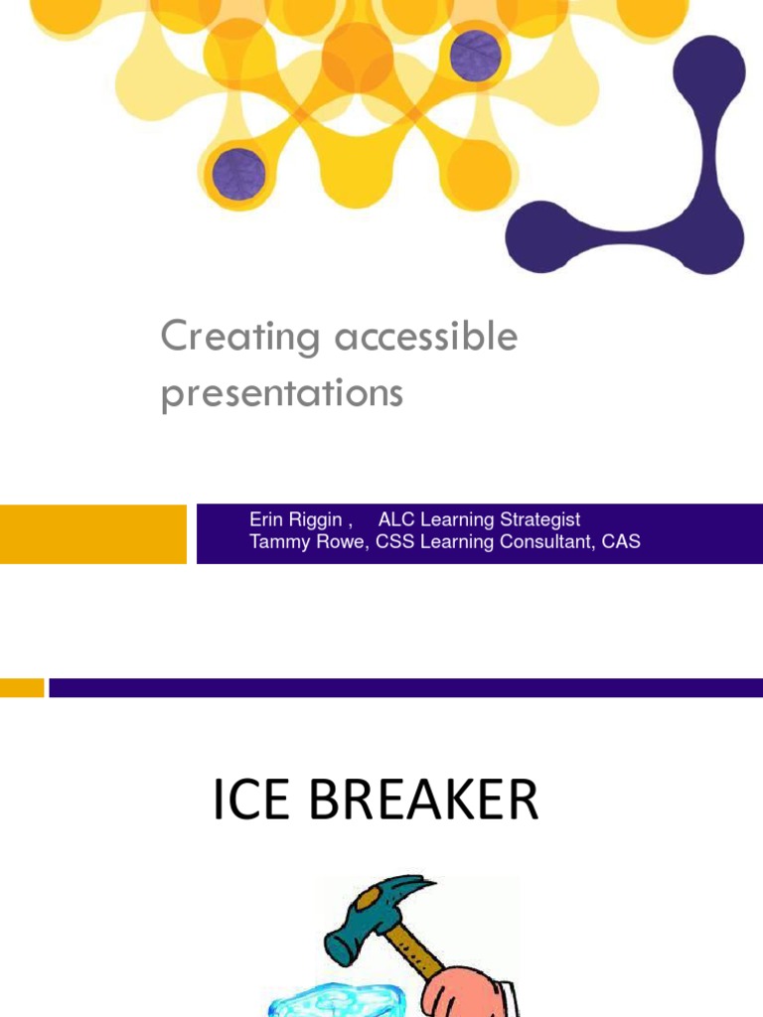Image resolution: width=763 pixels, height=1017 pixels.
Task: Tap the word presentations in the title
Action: click(282, 393)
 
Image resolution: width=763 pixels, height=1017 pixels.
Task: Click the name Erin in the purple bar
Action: click(266, 519)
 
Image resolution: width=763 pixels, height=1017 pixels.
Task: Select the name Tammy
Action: click(278, 542)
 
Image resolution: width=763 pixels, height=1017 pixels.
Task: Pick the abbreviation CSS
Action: click(394, 542)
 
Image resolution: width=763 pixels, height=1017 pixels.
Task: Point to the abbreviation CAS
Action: click(621, 542)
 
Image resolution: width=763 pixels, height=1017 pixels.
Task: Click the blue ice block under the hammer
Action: click(328, 998)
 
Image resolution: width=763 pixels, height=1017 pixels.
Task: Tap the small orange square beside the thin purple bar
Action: click(22, 687)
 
